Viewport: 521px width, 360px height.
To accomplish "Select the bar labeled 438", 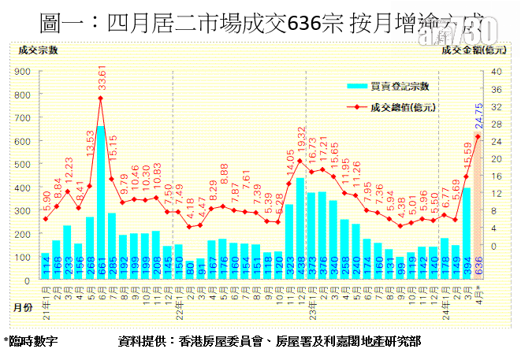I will click(x=300, y=228).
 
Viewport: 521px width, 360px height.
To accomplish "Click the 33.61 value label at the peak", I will click(x=101, y=82).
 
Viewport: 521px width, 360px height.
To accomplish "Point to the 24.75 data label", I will click(x=478, y=116).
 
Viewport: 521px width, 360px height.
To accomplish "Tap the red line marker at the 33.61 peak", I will click(x=101, y=98).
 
